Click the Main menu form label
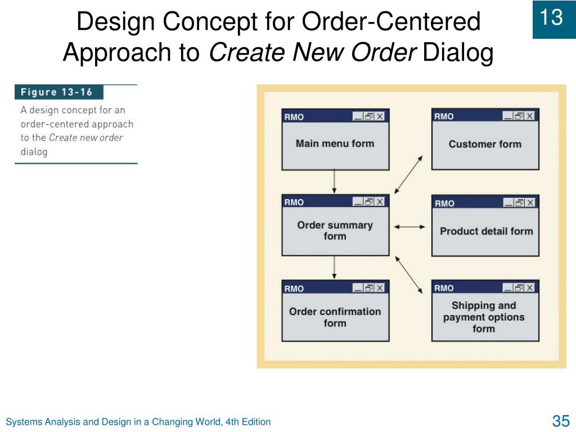tap(335, 143)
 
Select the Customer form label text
tap(485, 144)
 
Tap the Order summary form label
tap(335, 230)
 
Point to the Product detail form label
tap(487, 231)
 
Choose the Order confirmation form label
tap(335, 317)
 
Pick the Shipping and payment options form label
tap(484, 317)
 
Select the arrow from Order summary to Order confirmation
tap(334, 267)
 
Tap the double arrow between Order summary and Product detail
tap(409, 227)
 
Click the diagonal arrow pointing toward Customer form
tap(408, 174)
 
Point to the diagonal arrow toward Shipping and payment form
tap(408, 274)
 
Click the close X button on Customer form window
tap(530, 116)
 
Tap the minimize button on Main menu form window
tap(358, 116)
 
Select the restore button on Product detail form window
tap(519, 202)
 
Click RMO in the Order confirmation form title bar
tap(294, 289)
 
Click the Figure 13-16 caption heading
tap(57, 92)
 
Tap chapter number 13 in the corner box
tap(551, 17)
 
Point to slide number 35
tap(561, 421)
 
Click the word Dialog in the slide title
tap(458, 52)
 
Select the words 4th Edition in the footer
tap(248, 422)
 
